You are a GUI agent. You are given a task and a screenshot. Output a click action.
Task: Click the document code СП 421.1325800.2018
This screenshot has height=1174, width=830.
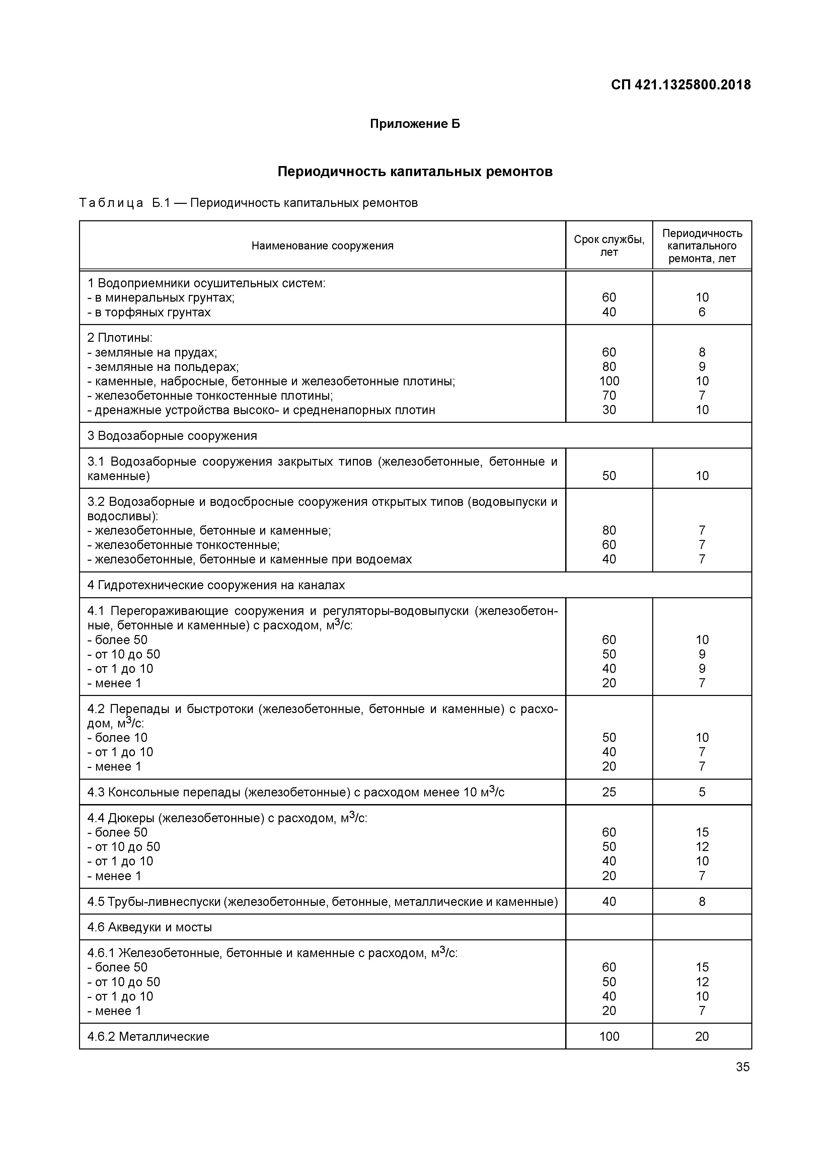(681, 85)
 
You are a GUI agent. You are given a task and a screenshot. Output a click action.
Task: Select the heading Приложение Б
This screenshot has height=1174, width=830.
(415, 124)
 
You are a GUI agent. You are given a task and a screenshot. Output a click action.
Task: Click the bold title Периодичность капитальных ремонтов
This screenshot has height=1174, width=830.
(415, 172)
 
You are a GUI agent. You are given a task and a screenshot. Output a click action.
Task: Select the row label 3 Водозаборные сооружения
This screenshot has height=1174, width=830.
(172, 436)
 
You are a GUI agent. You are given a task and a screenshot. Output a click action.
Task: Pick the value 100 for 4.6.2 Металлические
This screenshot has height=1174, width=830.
(609, 1036)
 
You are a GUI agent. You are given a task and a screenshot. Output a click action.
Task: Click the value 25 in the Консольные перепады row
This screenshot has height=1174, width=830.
(609, 792)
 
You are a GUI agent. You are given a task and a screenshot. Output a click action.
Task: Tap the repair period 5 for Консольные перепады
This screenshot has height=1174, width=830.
(702, 792)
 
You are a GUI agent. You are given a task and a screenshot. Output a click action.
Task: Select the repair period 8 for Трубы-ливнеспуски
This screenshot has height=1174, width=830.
(702, 902)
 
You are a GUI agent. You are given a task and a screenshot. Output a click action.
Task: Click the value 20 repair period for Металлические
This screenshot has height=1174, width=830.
(702, 1036)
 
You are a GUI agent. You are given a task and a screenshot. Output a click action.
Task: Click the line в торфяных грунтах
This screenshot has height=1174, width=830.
(149, 312)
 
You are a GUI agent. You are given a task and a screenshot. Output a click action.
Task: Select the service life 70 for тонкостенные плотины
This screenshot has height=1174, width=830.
(609, 395)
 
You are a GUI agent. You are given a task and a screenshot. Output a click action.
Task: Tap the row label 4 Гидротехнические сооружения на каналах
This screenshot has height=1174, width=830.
(216, 585)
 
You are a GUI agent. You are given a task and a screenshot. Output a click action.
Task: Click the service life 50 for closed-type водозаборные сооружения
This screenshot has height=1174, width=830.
(609, 476)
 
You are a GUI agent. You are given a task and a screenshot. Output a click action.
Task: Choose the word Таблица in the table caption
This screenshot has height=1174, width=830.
(111, 203)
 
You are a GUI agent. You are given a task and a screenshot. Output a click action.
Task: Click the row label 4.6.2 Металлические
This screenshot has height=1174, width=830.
(148, 1036)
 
